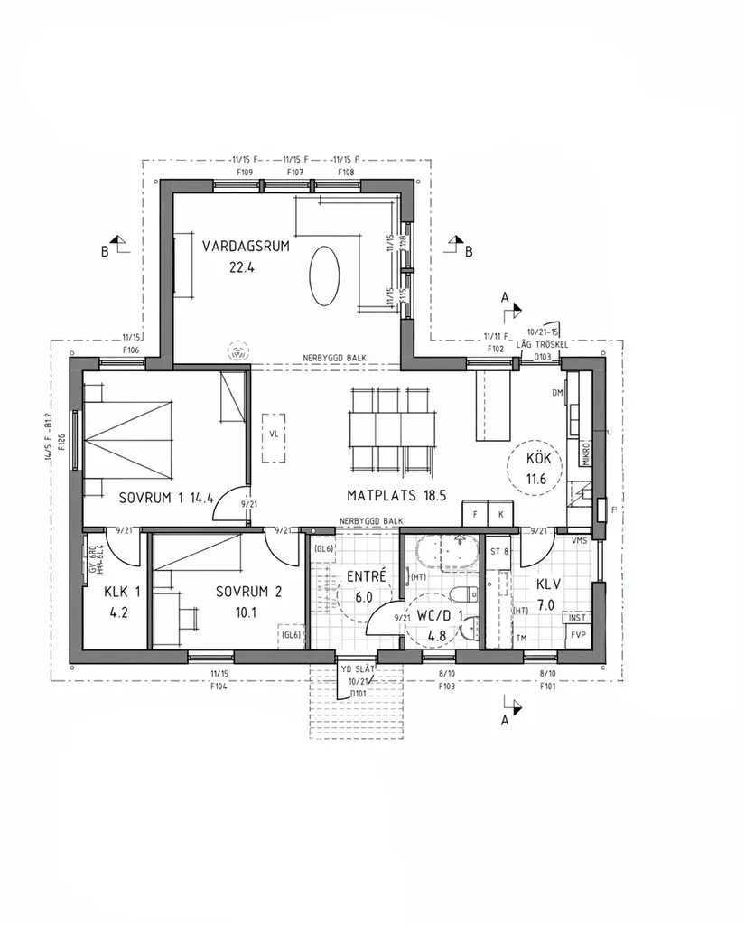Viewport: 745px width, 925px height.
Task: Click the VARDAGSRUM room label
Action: pyautogui.click(x=246, y=246)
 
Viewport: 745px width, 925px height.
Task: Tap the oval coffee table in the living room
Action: pyautogui.click(x=325, y=276)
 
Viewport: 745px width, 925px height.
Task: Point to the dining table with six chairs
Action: pyautogui.click(x=389, y=430)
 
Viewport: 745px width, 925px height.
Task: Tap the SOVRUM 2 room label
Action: pyautogui.click(x=248, y=593)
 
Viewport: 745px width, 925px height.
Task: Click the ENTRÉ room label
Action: pyautogui.click(x=367, y=575)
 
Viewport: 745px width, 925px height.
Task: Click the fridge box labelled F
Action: pyautogui.click(x=475, y=513)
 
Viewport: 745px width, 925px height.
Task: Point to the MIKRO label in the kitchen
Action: pyautogui.click(x=586, y=452)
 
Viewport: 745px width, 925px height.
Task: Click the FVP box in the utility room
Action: pyautogui.click(x=577, y=635)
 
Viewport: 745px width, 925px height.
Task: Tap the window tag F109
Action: pyautogui.click(x=244, y=172)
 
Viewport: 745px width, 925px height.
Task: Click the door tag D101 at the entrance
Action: pyautogui.click(x=359, y=694)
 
